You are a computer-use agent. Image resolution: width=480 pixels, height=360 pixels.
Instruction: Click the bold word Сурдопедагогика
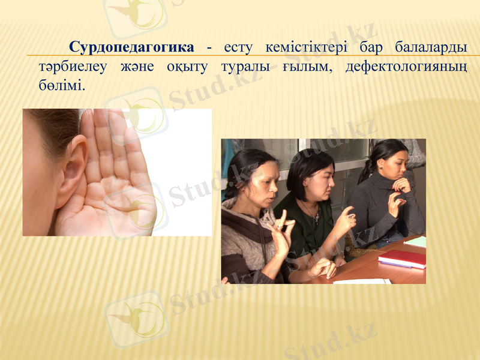131,47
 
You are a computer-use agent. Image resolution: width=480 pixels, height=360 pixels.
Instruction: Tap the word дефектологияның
406,66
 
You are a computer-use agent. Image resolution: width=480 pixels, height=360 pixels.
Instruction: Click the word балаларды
431,47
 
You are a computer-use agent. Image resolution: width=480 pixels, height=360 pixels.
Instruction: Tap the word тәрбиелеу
73,66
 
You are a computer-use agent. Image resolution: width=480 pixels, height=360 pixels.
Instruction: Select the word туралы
245,66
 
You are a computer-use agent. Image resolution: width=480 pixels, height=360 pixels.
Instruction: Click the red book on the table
403,259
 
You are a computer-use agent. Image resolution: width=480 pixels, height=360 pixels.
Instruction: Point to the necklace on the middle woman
311,212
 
